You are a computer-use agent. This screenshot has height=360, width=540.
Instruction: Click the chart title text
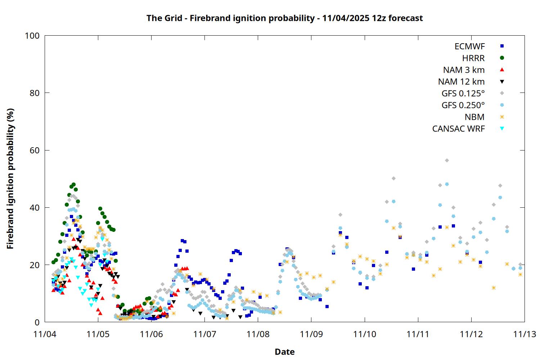[284, 18]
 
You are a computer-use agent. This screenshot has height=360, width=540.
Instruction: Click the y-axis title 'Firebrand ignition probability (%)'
[10, 179]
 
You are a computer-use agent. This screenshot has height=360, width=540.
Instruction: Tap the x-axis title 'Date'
[284, 352]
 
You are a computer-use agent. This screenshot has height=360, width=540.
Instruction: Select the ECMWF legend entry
[469, 46]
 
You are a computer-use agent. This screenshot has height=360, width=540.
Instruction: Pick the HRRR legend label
[473, 58]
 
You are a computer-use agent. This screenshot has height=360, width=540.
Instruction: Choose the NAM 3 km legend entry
[464, 70]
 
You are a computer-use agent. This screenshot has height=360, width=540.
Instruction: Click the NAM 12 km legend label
[461, 82]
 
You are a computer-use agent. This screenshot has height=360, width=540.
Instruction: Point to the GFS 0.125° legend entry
[463, 94]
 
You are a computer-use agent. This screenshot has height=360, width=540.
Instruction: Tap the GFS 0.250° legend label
[463, 105]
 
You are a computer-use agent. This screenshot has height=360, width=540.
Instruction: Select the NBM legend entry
[474, 117]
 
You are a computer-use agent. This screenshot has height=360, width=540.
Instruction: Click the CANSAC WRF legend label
[458, 129]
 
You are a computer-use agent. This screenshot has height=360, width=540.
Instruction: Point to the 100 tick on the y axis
[32, 36]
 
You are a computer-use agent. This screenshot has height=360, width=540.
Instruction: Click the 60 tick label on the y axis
[35, 150]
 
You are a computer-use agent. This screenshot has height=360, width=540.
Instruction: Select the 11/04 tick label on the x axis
[45, 334]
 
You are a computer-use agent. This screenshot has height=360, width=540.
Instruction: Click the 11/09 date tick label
[311, 334]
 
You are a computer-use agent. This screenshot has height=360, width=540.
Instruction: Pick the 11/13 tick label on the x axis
[525, 334]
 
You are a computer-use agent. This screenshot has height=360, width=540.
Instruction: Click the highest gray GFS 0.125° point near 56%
[447, 161]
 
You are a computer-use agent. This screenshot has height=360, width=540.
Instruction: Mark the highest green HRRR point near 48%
[73, 185]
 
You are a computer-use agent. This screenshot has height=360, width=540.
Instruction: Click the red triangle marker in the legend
[502, 69]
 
